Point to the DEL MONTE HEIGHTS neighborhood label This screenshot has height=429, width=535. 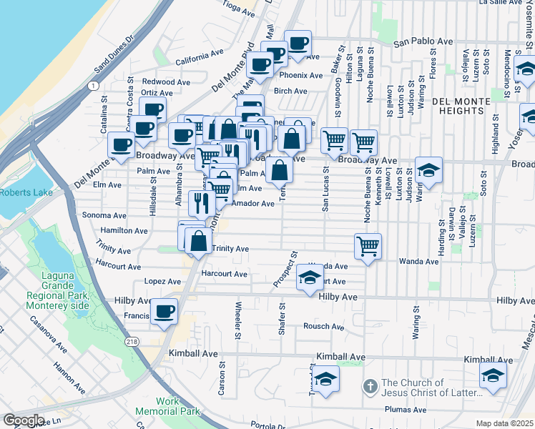[x=458, y=107]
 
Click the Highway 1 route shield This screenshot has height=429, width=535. [x=93, y=85]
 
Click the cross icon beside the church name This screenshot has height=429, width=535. [x=370, y=387]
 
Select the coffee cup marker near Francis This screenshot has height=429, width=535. [x=165, y=312]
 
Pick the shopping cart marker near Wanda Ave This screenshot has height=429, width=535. [x=368, y=246]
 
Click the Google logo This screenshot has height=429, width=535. [x=24, y=420]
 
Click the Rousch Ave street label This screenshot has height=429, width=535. [x=323, y=327]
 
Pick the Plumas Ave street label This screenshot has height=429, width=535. [x=406, y=410]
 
